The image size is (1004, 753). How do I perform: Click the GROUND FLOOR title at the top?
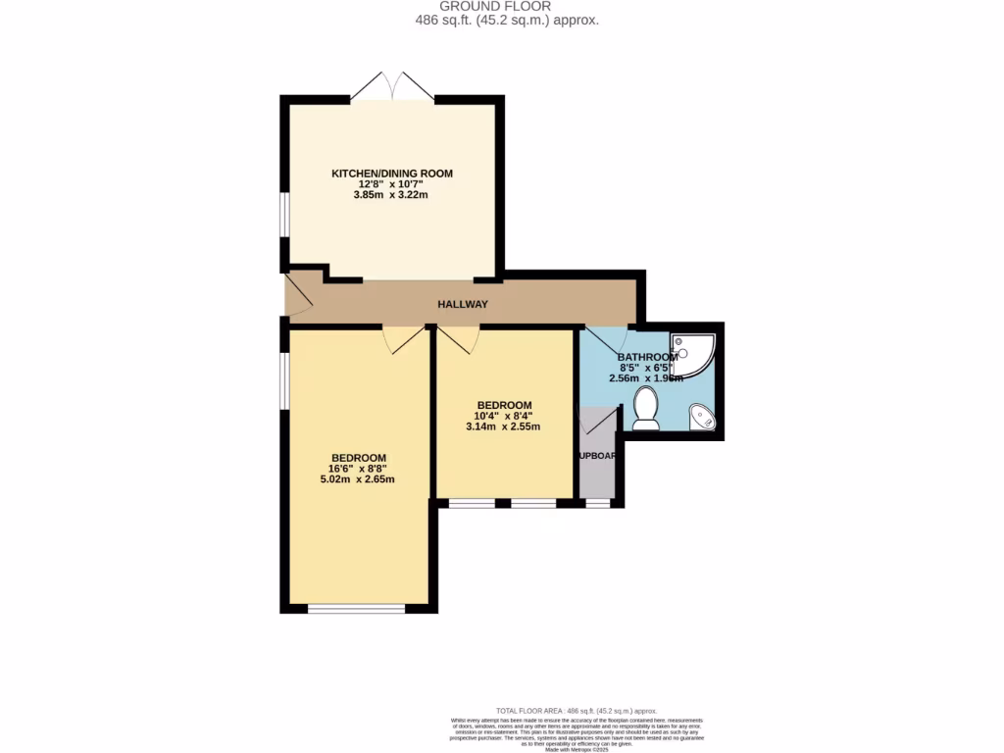(502, 6)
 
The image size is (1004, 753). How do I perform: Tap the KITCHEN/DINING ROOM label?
(392, 174)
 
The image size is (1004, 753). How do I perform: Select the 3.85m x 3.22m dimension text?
(392, 195)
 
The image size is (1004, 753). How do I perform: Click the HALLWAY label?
(462, 304)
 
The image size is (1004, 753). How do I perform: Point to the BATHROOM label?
(647, 357)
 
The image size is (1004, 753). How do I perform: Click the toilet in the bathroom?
(646, 408)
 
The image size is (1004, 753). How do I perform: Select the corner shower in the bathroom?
(694, 354)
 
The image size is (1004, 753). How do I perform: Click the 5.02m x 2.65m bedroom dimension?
(358, 479)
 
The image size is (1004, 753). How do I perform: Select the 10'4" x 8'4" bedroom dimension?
(504, 416)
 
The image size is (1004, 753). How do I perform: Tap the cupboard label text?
(597, 456)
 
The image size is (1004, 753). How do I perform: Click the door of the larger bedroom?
(404, 338)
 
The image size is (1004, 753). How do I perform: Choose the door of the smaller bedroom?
(458, 338)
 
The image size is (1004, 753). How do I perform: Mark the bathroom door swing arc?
(600, 338)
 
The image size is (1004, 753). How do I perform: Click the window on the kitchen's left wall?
(283, 214)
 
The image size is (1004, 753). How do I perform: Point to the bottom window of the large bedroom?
(357, 609)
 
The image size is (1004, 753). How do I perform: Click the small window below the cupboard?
(597, 503)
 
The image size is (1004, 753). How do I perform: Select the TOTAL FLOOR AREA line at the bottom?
(576, 711)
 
